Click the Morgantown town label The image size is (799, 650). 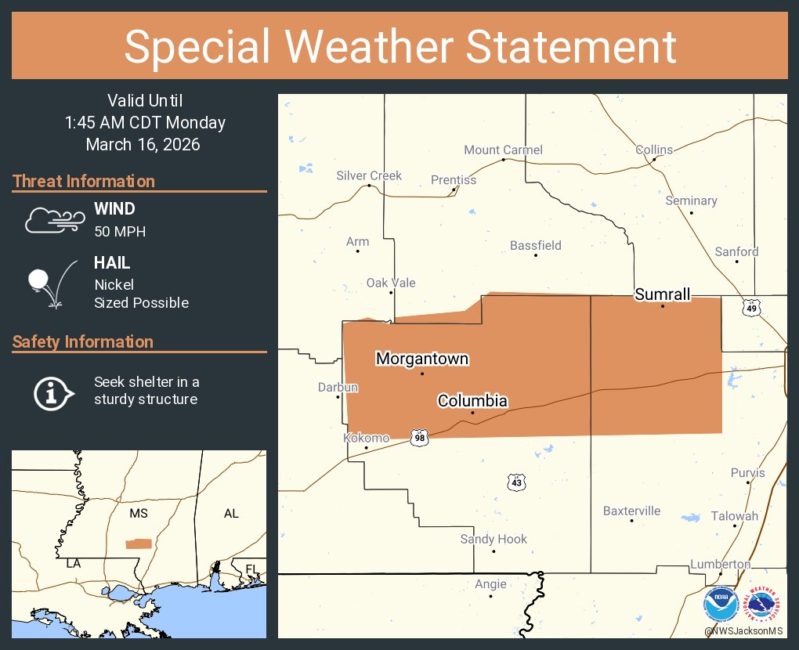click(x=422, y=359)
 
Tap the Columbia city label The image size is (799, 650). click(x=472, y=401)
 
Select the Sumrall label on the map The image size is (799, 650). click(x=663, y=294)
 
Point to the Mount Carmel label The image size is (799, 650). click(x=503, y=150)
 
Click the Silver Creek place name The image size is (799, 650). click(x=369, y=175)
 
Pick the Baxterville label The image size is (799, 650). click(x=631, y=511)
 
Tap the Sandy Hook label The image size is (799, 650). click(x=493, y=539)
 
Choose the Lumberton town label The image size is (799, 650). click(x=720, y=564)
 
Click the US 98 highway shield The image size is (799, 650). click(x=420, y=437)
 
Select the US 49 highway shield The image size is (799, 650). click(x=752, y=309)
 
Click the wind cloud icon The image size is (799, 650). click(x=53, y=220)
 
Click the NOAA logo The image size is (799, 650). click(x=721, y=605)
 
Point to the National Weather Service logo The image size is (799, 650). click(x=764, y=605)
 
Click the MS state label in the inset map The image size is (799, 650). click(x=139, y=514)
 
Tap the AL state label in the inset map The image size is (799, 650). click(x=231, y=514)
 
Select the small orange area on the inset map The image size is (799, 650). click(x=139, y=543)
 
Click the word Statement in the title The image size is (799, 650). click(x=571, y=46)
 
